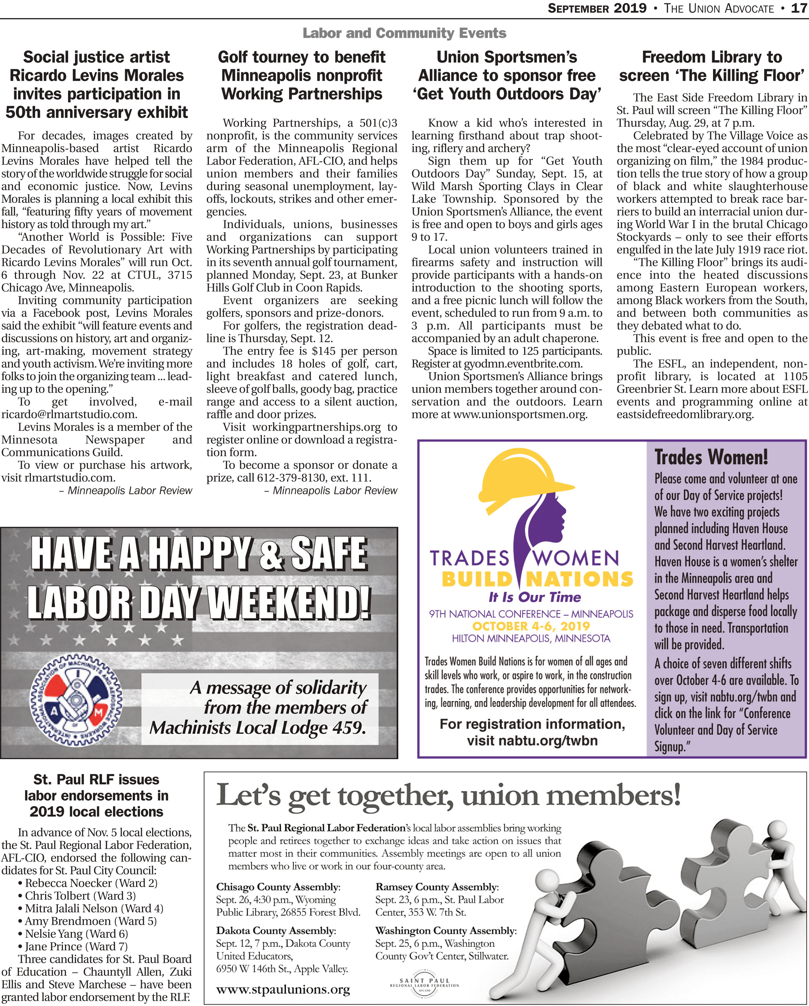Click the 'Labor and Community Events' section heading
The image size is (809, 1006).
(x=404, y=33)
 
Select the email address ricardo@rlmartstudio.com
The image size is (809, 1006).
(x=69, y=414)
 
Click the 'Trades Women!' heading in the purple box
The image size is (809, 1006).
(x=711, y=457)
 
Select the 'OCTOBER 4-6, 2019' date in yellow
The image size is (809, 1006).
(x=531, y=626)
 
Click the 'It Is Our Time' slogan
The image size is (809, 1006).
(x=535, y=597)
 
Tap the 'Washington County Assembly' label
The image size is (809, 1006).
(x=446, y=931)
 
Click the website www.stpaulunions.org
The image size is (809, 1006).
(x=283, y=989)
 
